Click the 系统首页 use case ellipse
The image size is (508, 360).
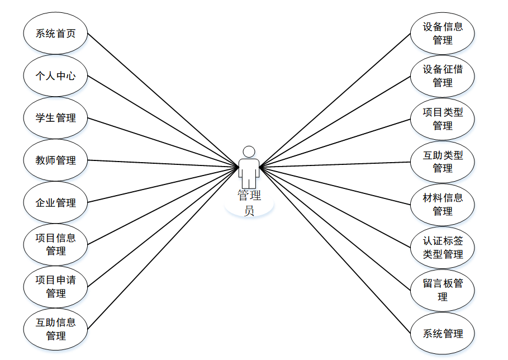tap(55, 33)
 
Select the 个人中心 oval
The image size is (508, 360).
tap(55, 75)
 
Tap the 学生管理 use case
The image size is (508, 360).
tap(55, 118)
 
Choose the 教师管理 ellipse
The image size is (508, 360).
tap(55, 160)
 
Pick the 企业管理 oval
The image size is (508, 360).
tap(55, 203)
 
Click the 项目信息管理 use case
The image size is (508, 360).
tap(55, 244)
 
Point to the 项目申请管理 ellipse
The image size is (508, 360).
tap(55, 287)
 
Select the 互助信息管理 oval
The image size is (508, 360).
tap(55, 329)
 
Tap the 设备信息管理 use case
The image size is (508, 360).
tap(443, 33)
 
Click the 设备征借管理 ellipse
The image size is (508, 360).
tap(443, 75)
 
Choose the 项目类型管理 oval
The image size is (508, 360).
tap(443, 119)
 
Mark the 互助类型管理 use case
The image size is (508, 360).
tap(443, 162)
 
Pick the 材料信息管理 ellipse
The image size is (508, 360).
tap(443, 204)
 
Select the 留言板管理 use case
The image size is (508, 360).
tap(443, 290)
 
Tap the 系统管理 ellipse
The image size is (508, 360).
tap(443, 334)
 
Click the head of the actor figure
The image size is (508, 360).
tap(249, 151)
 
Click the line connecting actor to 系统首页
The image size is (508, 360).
tap(162, 99)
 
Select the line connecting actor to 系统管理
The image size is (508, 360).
tap(335, 249)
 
